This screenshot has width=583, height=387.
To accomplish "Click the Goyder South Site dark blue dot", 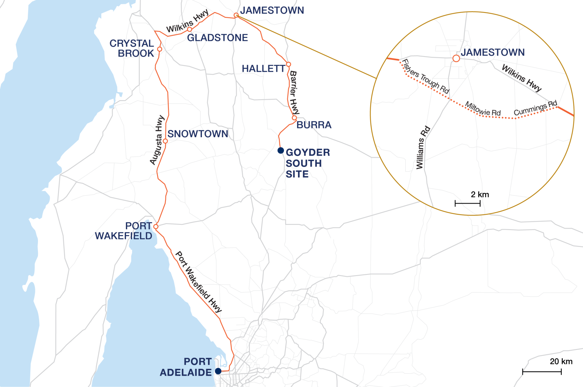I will tap(280, 150).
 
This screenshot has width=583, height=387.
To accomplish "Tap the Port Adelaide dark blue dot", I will tap(218, 371).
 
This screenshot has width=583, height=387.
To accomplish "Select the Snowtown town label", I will tap(198, 134).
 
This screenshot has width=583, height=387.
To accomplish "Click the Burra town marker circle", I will tap(294, 118).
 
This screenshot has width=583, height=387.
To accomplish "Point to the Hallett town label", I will tap(263, 69).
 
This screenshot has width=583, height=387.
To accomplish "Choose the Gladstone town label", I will tap(217, 38).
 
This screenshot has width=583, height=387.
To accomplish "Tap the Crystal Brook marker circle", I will tap(159, 49).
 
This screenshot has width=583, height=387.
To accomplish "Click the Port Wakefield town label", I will tap(124, 231).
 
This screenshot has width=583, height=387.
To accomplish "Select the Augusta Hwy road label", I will tap(157, 140).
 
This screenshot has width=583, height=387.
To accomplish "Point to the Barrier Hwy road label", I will tap(294, 92).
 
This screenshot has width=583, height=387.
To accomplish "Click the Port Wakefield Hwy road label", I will tap(199, 282).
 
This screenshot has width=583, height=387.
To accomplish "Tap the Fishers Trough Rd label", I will tap(425, 77).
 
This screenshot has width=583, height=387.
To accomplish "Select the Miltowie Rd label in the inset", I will tap(483, 109).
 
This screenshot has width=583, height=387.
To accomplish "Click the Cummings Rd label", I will tap(535, 108).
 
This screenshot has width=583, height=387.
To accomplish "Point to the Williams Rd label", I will tap(422, 147).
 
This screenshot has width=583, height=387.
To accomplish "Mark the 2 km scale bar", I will tap(468, 204).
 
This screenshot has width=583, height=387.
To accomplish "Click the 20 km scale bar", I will tap(542, 372).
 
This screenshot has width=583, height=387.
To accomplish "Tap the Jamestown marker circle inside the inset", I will tap(456, 58).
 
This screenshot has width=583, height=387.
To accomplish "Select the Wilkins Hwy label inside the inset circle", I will tap(522, 78).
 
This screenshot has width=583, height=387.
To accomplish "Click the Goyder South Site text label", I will tap(307, 163).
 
